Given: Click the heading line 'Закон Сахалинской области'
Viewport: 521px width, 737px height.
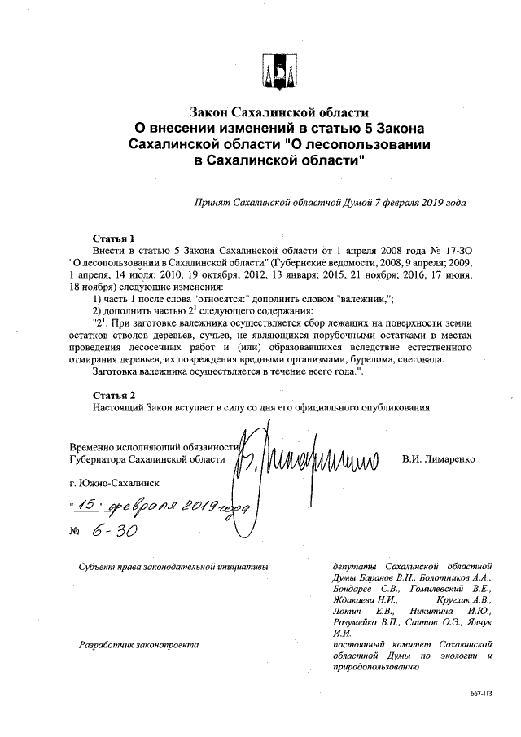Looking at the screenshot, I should pyautogui.click(x=279, y=111).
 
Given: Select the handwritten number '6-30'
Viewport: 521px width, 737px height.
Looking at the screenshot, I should pyautogui.click(x=115, y=530).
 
